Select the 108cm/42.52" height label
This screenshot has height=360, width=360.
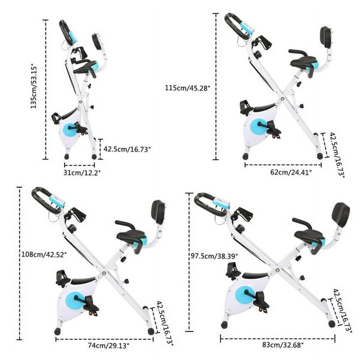click(45, 255)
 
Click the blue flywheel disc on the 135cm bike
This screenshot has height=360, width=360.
click(70, 130)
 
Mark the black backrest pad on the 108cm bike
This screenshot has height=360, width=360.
click(158, 211)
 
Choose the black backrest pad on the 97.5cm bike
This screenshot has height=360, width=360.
click(341, 214)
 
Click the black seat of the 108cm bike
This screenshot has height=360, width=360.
click(131, 235)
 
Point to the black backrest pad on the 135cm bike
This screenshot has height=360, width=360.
click(97, 41)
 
